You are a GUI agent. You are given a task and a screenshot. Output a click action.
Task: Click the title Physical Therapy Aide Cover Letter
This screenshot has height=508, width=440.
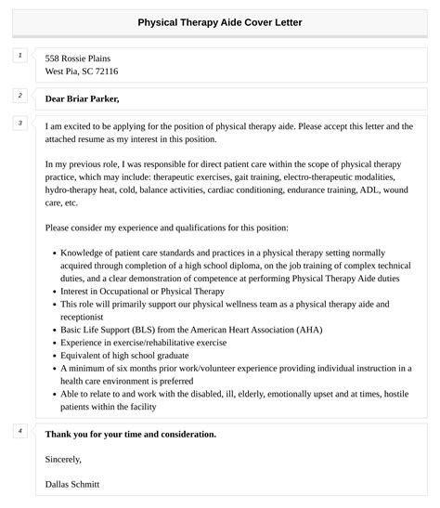tap(220, 21)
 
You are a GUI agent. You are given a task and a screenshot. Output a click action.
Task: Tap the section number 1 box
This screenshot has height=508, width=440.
tap(19, 57)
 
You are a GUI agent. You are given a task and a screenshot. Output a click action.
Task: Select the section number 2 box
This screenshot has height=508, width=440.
tap(19, 96)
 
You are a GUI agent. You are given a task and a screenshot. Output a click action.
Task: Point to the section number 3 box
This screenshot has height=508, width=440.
tap(19, 124)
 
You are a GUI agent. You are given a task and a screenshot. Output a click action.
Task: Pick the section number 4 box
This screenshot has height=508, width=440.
tap(19, 431)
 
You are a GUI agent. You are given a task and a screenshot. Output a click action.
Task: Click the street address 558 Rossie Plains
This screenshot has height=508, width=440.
tap(84, 58)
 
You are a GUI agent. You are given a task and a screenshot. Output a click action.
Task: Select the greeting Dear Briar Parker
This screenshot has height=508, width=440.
tap(83, 98)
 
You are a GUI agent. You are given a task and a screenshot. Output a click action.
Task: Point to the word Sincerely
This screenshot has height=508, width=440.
tap(63, 459)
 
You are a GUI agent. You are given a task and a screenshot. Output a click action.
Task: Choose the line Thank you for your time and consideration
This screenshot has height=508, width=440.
tap(131, 434)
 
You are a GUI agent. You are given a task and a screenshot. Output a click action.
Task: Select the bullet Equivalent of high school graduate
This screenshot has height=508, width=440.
tap(129, 355)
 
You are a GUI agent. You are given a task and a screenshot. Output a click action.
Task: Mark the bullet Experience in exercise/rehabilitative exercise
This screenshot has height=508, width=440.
tap(144, 342)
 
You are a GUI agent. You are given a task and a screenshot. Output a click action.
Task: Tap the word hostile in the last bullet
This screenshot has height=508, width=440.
tap(397, 394)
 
